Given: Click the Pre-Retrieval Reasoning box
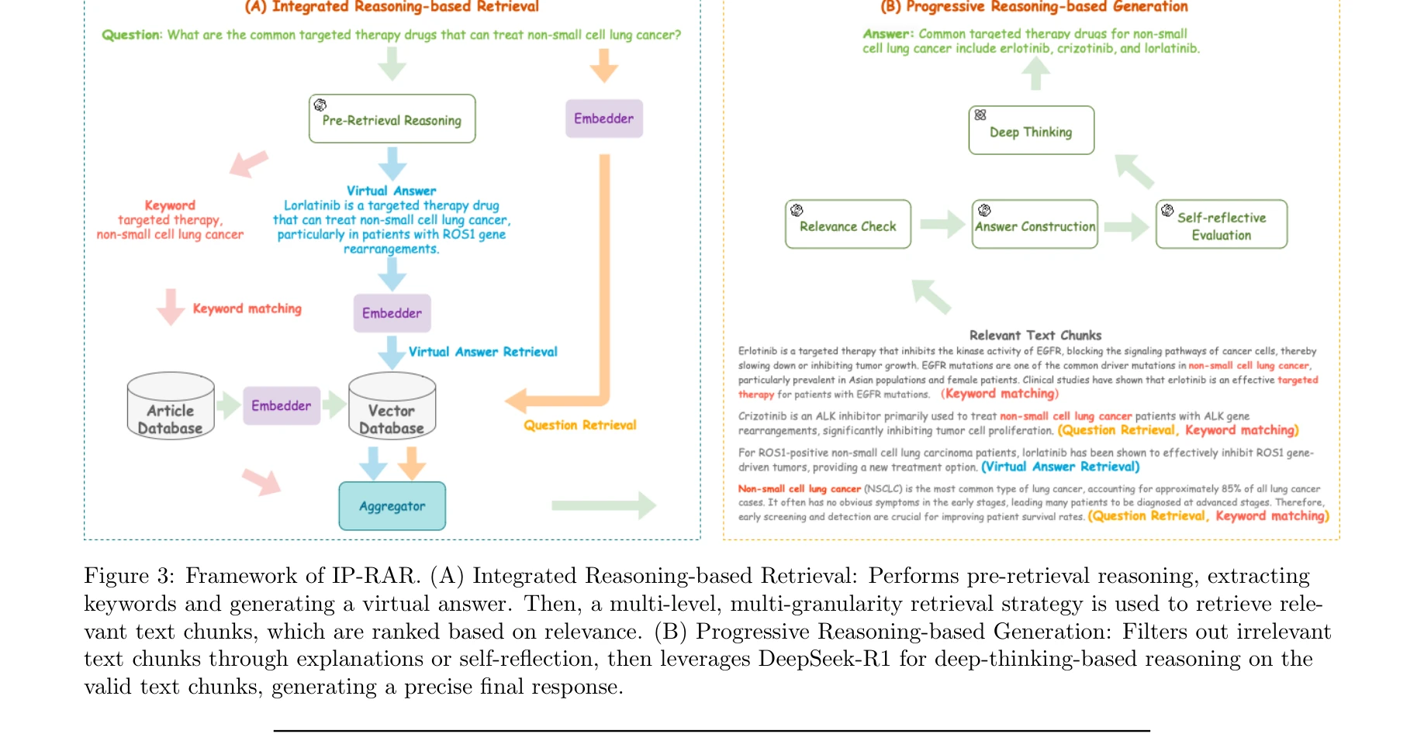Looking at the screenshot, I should coord(392,119).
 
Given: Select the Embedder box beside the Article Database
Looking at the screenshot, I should coord(281,405).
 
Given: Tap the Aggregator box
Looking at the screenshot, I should coord(392,506).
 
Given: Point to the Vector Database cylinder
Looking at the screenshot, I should coord(392,407).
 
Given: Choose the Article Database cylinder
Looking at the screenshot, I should coord(171,407).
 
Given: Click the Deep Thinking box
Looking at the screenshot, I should coord(1031,131).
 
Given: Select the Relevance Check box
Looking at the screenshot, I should coord(848,225).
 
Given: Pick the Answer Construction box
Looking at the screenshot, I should coord(1035,225).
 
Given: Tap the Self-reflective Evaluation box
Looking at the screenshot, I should coord(1221,225).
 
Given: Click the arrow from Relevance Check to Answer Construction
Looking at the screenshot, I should coord(942,225).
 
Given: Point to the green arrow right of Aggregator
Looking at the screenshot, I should coord(603,505).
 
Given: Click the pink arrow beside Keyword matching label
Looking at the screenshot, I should coord(171,307).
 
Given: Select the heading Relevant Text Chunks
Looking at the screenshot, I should coord(1035,336).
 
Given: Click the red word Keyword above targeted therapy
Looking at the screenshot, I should coord(170,205).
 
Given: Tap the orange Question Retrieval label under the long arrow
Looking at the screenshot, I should coord(579,425).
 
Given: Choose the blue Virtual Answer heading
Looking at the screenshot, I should coord(391,191).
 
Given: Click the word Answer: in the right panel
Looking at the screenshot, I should coord(888,34).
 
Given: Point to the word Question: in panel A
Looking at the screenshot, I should coord(132,35).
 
